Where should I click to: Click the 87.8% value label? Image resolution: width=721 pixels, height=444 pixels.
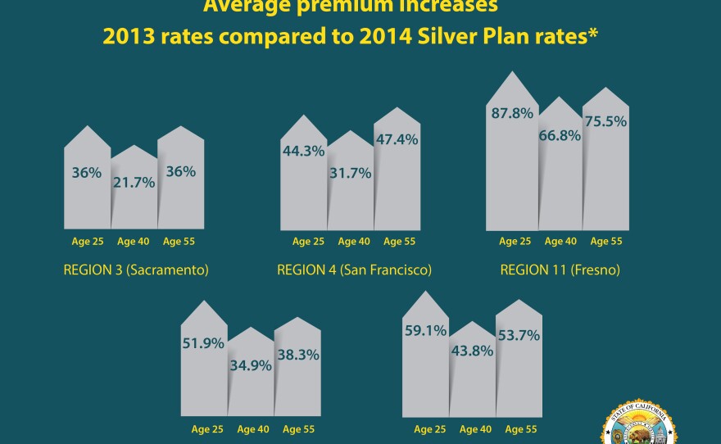(511, 114)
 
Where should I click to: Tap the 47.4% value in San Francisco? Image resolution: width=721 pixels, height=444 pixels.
(397, 140)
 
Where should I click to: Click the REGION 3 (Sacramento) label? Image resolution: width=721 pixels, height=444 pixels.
(135, 270)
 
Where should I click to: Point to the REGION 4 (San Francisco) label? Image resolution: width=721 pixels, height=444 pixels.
(354, 270)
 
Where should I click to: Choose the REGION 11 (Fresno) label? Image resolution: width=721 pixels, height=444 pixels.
(560, 270)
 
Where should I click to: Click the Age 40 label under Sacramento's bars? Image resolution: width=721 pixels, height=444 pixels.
(133, 242)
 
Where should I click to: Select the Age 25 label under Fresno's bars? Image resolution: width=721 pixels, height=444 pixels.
(515, 242)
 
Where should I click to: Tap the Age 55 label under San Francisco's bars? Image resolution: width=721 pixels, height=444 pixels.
(399, 242)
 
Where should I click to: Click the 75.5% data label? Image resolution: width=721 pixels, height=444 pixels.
(605, 121)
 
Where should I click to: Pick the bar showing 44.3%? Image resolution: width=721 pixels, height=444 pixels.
(303, 176)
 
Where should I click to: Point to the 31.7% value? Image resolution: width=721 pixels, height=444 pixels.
(350, 174)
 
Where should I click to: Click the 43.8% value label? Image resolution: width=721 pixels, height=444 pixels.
(472, 349)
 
